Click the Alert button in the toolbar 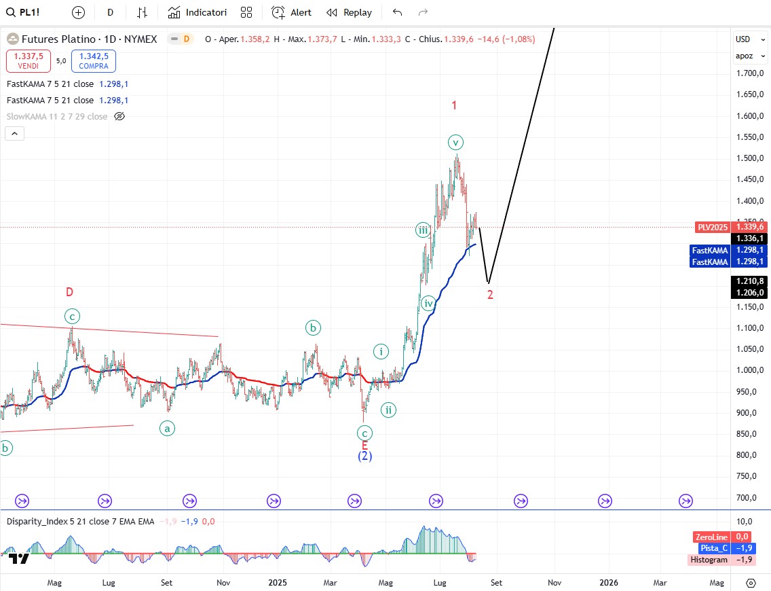click(x=291, y=12)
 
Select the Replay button click(x=349, y=12)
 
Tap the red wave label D click(x=69, y=292)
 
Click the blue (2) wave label click(x=364, y=456)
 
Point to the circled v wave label click(x=456, y=142)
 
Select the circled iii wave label click(x=423, y=230)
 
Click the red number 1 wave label click(x=454, y=105)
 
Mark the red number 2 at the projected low click(x=490, y=294)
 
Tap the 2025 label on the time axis click(x=278, y=582)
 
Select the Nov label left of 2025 click(x=223, y=582)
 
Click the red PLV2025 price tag click(x=712, y=227)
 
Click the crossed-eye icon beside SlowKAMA click(x=119, y=116)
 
